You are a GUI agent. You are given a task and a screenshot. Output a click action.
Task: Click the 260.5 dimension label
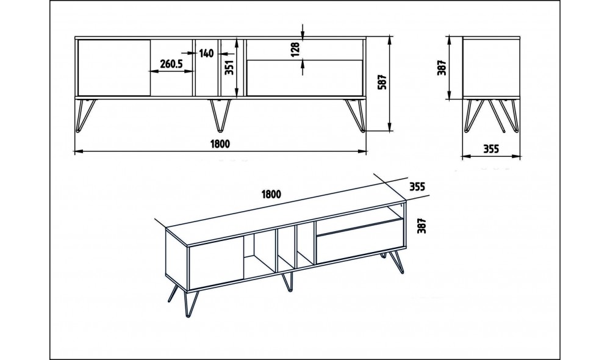[x=171, y=63]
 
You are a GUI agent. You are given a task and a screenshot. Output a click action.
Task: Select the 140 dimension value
[x=207, y=53]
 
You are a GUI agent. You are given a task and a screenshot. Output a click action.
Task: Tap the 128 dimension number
[x=295, y=49]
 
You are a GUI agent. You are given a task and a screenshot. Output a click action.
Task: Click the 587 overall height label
[x=382, y=82]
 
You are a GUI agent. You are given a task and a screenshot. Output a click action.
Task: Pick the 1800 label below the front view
[x=220, y=143]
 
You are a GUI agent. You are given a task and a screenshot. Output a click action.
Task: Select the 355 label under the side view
[x=491, y=149]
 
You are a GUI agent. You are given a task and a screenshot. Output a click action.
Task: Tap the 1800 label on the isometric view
[x=271, y=194]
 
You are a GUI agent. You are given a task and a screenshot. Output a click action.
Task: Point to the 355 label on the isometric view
[x=417, y=187]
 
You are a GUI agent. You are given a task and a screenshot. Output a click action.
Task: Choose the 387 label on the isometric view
[x=422, y=226]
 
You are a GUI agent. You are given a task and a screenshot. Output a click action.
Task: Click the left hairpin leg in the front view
[x=85, y=115]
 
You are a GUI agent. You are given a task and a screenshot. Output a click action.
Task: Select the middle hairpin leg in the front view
[x=220, y=115]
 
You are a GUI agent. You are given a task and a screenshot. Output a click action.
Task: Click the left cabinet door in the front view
[x=114, y=67]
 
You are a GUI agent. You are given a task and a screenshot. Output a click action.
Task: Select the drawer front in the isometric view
[x=359, y=242]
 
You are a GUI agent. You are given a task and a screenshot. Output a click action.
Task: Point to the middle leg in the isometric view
[x=287, y=281]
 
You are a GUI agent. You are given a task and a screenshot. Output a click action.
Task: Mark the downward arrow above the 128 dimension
[x=303, y=31]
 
